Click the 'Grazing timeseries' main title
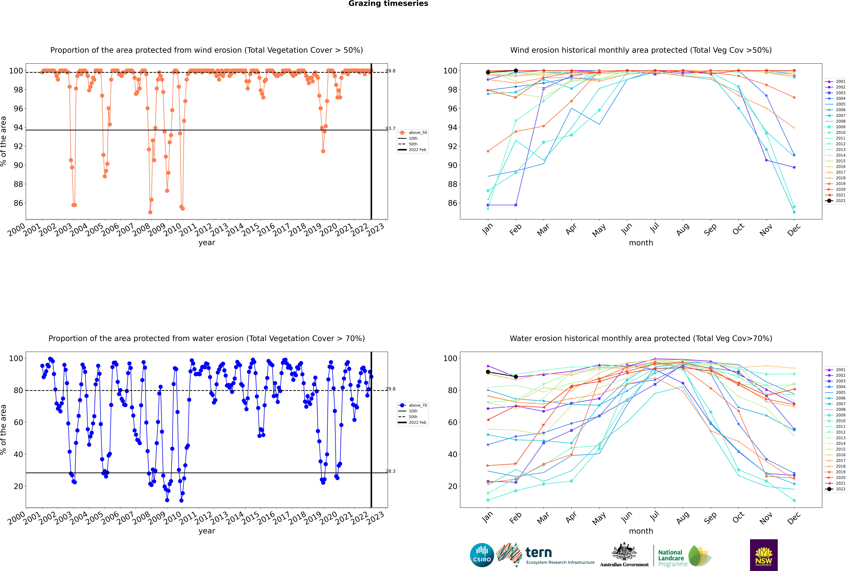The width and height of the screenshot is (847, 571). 388,4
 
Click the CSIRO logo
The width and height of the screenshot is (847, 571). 482,555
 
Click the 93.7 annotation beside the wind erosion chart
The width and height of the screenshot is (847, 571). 390,129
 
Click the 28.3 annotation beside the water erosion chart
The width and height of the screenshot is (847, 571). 390,471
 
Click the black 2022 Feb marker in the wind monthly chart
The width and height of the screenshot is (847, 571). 516,71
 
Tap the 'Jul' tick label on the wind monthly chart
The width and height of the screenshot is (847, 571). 654,228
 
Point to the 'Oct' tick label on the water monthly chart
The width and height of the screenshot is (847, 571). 738,517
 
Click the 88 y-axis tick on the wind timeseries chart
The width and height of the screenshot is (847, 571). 18,184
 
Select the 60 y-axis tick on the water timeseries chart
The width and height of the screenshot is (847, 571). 18,422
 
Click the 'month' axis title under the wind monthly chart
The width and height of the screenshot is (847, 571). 641,243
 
